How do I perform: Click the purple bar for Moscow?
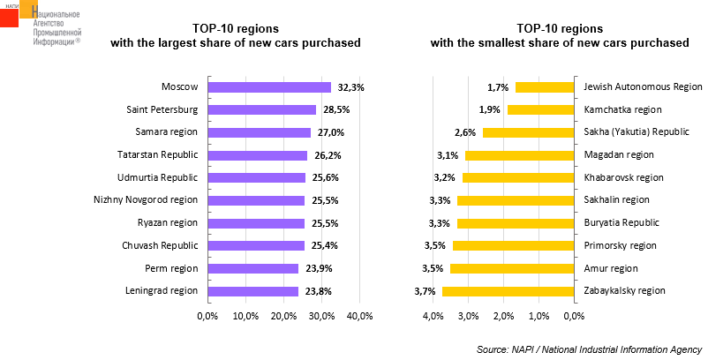[268, 87]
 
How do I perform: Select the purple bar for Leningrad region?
[252, 291]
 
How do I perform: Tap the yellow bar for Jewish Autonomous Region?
[544, 87]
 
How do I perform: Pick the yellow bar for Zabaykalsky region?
[508, 291]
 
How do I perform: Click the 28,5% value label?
[334, 110]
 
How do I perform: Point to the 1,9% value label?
[490, 110]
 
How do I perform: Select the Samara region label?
[165, 132]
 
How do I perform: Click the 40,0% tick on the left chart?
[360, 316]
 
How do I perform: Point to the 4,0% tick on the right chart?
[433, 316]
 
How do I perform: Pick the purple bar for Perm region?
[252, 268]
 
